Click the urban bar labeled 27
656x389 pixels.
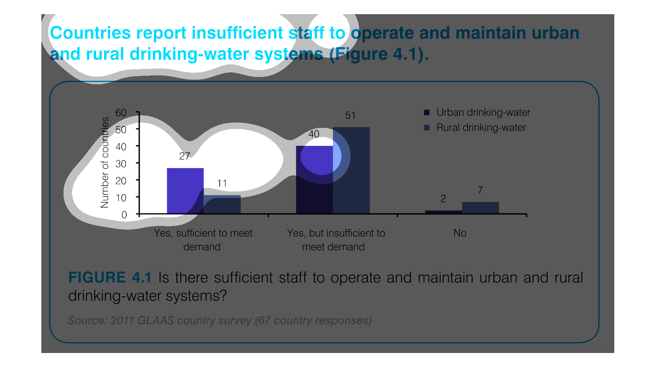point(185,191)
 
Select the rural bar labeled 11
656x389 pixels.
point(222,204)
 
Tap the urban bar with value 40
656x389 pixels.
point(315,180)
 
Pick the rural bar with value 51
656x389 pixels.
point(351,170)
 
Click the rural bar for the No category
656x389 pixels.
point(481,208)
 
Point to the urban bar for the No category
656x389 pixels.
point(444,212)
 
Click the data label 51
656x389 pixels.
point(350,115)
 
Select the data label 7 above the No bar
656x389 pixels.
point(480,190)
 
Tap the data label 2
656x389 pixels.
point(443,199)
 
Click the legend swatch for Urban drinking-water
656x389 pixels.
point(427,113)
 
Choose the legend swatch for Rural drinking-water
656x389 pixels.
point(427,128)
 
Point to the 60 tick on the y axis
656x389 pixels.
point(121,113)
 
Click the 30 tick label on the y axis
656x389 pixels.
point(121,164)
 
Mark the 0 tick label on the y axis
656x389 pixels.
point(124,215)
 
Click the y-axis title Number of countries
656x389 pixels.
point(104,163)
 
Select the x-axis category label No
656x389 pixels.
point(460,233)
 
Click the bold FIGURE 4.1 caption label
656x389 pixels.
point(110,278)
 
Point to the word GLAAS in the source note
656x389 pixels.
point(156,320)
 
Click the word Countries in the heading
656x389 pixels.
point(90,33)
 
